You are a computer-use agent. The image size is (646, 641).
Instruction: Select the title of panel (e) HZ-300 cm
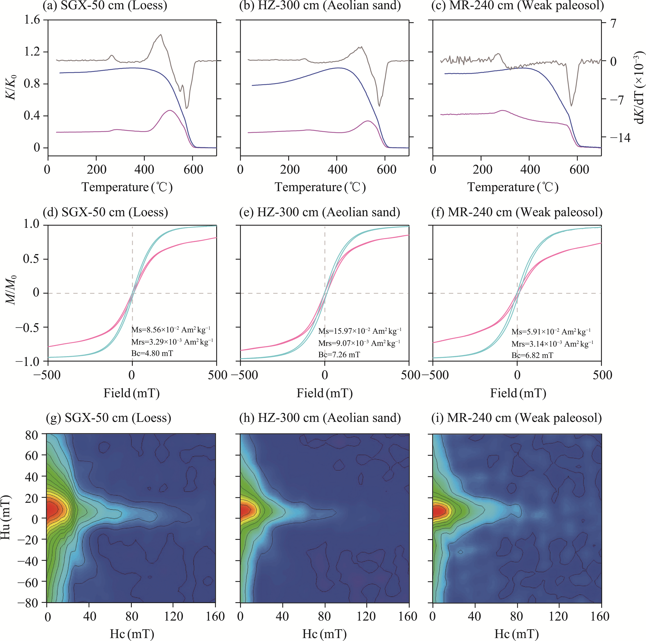click(x=320, y=212)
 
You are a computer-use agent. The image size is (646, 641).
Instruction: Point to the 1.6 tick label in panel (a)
click(x=32, y=20)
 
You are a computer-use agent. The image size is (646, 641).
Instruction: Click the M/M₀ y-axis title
click(x=11, y=290)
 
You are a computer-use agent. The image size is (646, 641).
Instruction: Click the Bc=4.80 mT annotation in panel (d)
click(x=152, y=353)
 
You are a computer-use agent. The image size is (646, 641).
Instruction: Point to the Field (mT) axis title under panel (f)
click(x=518, y=393)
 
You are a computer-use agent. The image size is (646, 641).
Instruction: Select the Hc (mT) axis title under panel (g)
click(x=132, y=633)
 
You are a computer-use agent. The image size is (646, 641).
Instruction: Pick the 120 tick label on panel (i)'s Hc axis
click(x=558, y=616)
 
